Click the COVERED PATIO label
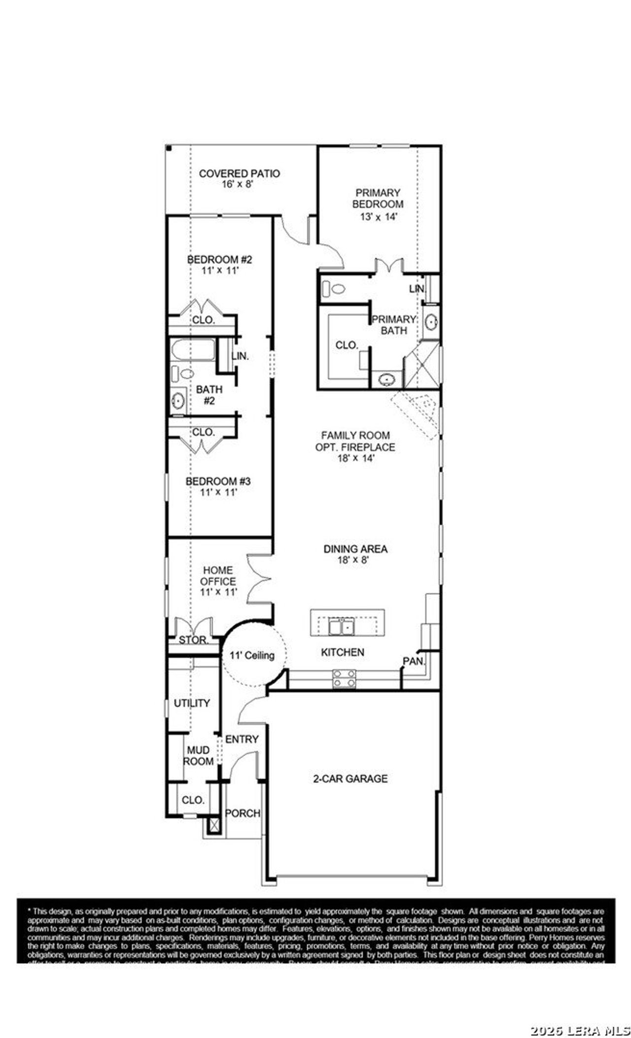(x=239, y=173)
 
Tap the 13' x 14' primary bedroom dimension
(x=377, y=217)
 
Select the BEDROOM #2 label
(x=220, y=260)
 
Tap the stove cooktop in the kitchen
(x=344, y=678)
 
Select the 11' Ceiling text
(x=252, y=655)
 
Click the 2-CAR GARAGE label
(x=351, y=779)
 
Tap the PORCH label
(x=243, y=813)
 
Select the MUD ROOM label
(x=199, y=756)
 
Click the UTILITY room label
(x=192, y=703)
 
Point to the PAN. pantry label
(x=414, y=661)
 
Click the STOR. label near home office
(x=193, y=640)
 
